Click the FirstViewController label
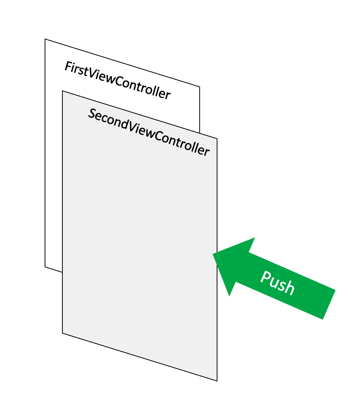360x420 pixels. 117,81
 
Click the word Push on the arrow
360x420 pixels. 277,282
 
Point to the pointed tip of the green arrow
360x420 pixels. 213,254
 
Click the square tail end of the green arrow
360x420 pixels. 329,305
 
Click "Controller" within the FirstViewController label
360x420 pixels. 146,89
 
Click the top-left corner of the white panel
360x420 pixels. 45,39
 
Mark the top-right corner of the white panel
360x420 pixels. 200,87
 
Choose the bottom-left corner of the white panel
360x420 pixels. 45,267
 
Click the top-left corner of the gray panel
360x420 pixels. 62,91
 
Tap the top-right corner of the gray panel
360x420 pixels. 217,139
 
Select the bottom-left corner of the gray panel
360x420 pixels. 62,333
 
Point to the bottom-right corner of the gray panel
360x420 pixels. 217,381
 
